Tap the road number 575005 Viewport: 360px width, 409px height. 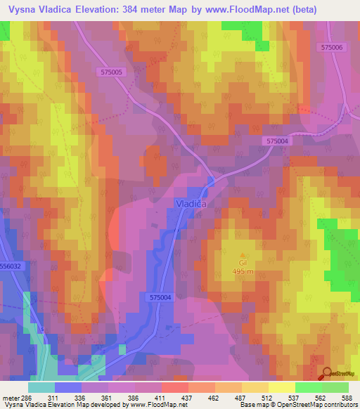112,72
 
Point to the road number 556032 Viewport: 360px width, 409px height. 11,266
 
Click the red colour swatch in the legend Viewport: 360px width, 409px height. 174,387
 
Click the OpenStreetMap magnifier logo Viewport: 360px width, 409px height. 327,373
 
